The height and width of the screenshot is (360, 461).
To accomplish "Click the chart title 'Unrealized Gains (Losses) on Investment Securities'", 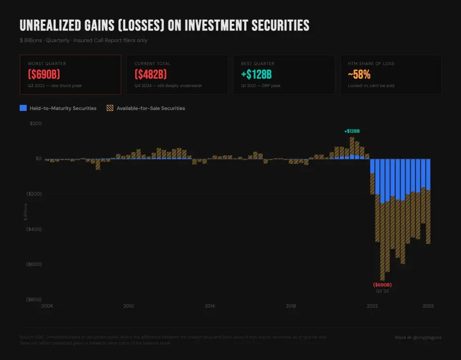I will (164, 25).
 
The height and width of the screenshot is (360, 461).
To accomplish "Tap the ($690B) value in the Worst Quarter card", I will (44, 74).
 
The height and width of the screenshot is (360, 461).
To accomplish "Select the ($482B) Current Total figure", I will (151, 74).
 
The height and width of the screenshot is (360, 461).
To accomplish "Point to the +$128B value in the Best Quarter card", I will (256, 74).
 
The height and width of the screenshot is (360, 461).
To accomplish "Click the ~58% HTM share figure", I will (359, 74).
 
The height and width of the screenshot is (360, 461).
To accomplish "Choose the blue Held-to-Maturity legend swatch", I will (23, 108).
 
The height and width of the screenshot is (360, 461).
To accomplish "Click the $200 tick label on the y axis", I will (36, 124).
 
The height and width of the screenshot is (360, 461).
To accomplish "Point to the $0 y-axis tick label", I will (38, 159).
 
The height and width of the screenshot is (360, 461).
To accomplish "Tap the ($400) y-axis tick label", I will (34, 229).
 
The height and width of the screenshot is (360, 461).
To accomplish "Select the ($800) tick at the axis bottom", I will (34, 299).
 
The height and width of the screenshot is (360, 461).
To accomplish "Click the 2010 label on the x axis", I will (128, 306).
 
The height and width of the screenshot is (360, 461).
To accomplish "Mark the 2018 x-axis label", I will (291, 306).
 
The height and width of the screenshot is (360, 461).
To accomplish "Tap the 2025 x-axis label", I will (428, 306).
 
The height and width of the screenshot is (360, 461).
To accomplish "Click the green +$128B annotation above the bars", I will (351, 131).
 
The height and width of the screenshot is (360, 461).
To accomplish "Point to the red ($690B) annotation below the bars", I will (382, 285).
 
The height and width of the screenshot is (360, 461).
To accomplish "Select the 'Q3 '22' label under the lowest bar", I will (382, 291).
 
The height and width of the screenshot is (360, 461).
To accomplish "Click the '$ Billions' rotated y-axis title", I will (26, 212).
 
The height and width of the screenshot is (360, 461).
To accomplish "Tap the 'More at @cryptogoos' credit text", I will (418, 337).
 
